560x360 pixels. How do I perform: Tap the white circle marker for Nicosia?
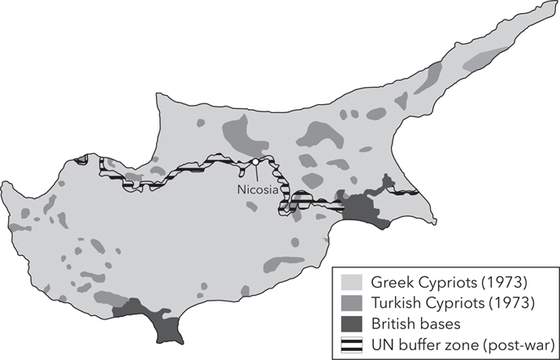pos(255,162)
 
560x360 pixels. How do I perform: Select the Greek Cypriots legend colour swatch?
pos(354,284)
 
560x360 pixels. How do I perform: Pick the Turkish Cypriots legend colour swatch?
pos(354,303)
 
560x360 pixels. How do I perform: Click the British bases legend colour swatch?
pos(354,323)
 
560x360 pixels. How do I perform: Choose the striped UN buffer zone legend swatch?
pos(354,342)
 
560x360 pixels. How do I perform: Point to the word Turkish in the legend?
pos(395,303)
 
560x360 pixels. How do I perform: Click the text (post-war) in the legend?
pos(511,342)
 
